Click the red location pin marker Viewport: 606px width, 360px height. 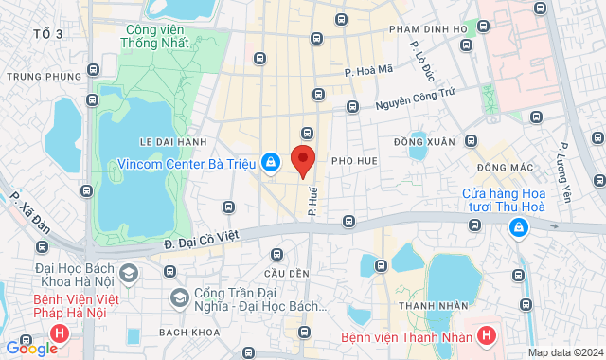point(302,160)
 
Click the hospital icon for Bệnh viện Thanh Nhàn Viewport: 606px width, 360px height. point(486,335)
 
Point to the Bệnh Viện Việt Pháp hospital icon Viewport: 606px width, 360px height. point(60,333)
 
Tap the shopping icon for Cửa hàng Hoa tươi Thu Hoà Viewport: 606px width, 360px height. point(518,227)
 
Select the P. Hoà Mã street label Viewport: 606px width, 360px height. point(368,70)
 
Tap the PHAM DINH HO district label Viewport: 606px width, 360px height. point(428,29)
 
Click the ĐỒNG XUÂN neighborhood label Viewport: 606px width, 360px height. point(424,142)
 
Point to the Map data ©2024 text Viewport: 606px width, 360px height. point(564,352)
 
